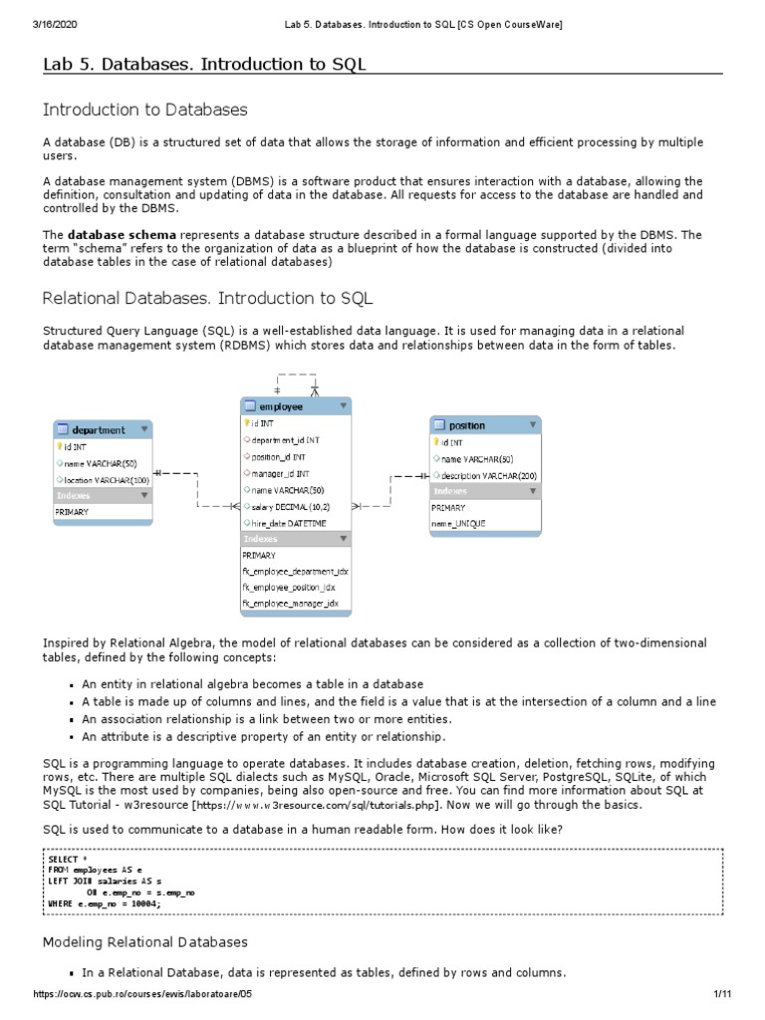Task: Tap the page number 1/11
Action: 722,995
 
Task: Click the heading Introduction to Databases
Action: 144,110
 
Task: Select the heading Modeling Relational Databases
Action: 144,941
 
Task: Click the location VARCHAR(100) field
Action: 103,480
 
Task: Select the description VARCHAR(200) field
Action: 488,475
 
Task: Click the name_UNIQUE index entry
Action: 459,523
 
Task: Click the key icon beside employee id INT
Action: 245,422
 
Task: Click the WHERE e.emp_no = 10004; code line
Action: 104,904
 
